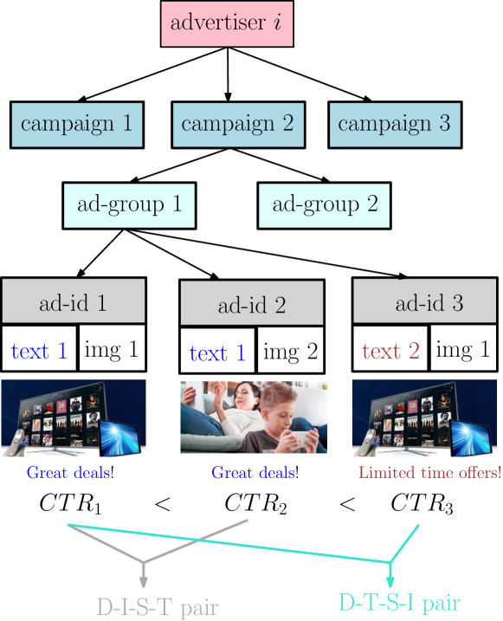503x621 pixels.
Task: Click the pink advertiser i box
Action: [x=227, y=23]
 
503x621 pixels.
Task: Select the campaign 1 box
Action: [x=77, y=124]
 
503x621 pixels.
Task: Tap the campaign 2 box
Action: [x=237, y=124]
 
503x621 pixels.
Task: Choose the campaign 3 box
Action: [x=395, y=124]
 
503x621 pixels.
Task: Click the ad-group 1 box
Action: [x=129, y=205]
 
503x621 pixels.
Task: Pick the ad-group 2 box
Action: [x=324, y=205]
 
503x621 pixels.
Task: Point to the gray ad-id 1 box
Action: [x=73, y=301]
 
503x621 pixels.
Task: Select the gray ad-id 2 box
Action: [x=251, y=304]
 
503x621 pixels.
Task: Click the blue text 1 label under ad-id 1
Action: [x=39, y=351]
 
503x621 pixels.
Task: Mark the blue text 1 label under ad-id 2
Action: [x=217, y=353]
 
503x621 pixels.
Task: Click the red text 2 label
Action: [x=390, y=351]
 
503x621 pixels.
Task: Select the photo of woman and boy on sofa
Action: [x=252, y=417]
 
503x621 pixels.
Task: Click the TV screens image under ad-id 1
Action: [x=73, y=417]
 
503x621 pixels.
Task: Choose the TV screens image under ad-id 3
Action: [x=424, y=417]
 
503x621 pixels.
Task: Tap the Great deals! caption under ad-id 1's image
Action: [x=70, y=473]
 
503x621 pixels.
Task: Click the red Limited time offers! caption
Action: [x=429, y=473]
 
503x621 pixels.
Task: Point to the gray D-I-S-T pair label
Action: [x=157, y=606]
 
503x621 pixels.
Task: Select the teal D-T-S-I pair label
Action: [x=399, y=601]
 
